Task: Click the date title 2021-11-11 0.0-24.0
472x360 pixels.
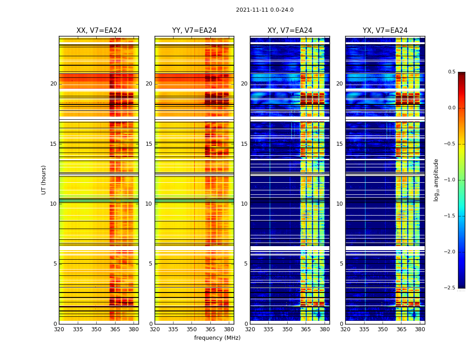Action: [x=264, y=10]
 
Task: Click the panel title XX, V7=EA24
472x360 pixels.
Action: [x=99, y=31]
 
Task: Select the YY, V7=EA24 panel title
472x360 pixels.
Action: [x=194, y=31]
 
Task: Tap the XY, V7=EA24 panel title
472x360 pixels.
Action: [x=289, y=31]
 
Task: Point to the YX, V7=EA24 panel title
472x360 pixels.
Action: [x=385, y=31]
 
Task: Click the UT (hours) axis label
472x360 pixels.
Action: [x=44, y=180]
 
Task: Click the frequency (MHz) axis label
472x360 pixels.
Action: [x=217, y=338]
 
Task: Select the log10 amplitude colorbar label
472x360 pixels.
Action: [x=436, y=180]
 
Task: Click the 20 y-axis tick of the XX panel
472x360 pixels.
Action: [x=53, y=84]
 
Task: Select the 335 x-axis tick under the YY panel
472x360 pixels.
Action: [x=173, y=329]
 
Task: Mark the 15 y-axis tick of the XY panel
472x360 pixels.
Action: [x=244, y=144]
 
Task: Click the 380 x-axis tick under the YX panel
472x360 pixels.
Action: [x=420, y=329]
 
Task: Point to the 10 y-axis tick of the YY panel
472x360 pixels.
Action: [x=149, y=204]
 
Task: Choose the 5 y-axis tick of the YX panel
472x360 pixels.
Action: [x=341, y=264]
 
